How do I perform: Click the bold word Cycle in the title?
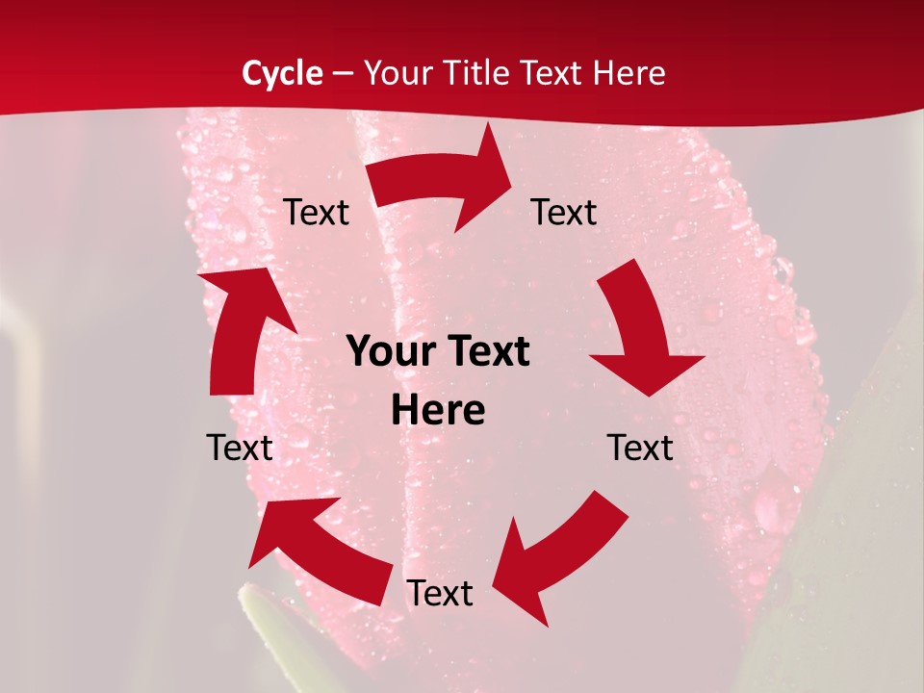click(x=282, y=73)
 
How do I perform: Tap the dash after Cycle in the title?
click(x=344, y=73)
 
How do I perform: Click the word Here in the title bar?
click(x=629, y=73)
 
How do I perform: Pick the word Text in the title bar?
click(x=551, y=73)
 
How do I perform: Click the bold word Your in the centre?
click(x=385, y=352)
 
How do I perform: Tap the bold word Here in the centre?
click(x=438, y=410)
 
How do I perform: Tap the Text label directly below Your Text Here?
click(x=440, y=594)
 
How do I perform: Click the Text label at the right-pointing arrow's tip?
click(x=564, y=213)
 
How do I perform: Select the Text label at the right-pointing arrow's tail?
click(x=316, y=213)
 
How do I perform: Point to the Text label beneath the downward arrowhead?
click(x=640, y=448)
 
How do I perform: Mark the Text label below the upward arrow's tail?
click(x=240, y=448)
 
